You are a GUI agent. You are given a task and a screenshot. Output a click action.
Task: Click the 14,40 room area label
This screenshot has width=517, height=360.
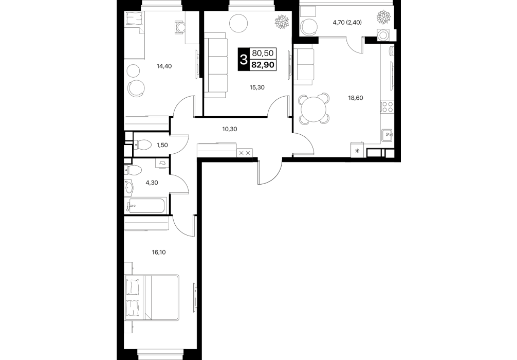(x=164, y=66)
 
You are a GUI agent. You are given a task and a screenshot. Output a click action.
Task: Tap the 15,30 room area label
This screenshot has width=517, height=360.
(x=257, y=87)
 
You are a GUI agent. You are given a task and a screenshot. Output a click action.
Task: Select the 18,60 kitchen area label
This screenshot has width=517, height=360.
(x=356, y=98)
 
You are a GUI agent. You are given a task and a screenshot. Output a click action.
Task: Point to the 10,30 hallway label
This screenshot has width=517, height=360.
(x=230, y=129)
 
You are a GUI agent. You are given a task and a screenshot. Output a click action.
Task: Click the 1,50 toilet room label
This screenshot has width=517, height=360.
(x=162, y=145)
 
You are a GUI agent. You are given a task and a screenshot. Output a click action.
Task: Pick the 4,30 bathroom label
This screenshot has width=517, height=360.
(x=152, y=182)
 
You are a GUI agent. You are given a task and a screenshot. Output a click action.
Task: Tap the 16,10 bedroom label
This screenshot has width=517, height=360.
(x=159, y=253)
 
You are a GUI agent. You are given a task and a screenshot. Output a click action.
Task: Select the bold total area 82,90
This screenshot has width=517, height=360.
(x=263, y=65)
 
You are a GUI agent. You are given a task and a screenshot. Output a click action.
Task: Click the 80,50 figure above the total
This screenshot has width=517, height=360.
(x=263, y=53)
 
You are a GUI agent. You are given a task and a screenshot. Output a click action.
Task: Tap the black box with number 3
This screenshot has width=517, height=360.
(x=244, y=60)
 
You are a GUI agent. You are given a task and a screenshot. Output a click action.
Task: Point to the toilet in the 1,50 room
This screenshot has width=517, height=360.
(x=142, y=144)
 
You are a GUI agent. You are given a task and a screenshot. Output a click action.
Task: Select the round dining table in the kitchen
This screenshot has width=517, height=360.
(x=314, y=108)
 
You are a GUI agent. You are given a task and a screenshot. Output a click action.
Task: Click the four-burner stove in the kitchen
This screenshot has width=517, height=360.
(x=387, y=106)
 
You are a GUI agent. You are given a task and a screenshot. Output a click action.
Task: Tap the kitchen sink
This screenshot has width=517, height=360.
(x=387, y=135)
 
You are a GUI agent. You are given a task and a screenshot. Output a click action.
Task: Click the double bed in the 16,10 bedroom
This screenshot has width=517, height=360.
(x=152, y=297)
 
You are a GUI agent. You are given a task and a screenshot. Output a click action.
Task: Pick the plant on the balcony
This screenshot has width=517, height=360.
(x=384, y=17)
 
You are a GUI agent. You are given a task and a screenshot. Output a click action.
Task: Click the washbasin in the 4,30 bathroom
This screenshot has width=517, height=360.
(x=128, y=187)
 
